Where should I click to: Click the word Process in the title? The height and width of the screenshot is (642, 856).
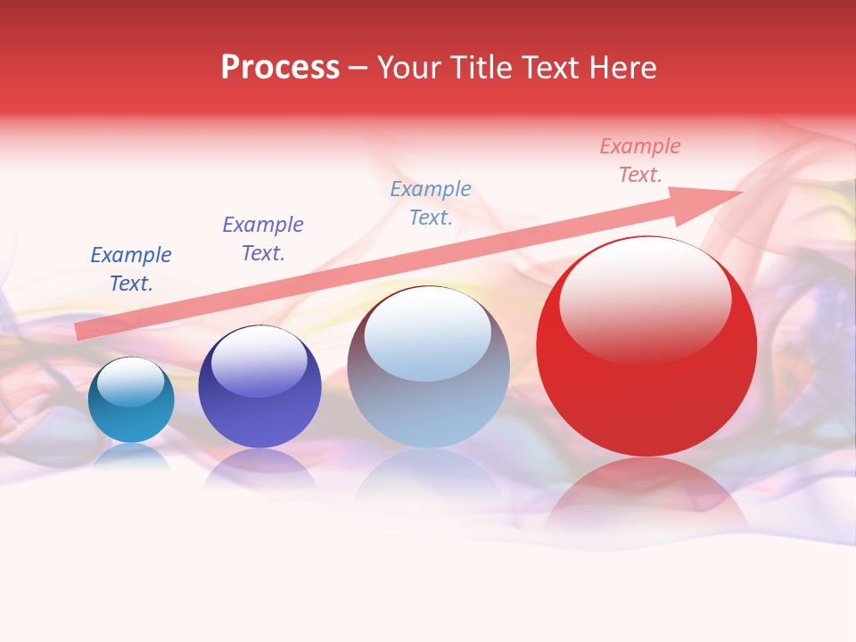coord(280,68)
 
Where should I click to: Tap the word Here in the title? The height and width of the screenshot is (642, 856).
coord(621,68)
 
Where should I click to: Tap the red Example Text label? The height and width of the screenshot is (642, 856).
coord(639,160)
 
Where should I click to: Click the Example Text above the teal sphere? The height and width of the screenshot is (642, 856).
coord(131,269)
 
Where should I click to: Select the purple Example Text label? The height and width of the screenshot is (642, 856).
coord(263,239)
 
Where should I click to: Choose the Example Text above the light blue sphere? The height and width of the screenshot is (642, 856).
coord(431,203)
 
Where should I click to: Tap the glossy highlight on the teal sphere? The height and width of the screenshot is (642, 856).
coord(131,382)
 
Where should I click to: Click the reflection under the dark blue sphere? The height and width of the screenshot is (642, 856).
coord(259,468)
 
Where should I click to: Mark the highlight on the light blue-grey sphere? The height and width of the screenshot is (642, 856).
coord(428,334)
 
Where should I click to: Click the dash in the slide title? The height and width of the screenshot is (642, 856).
coord(358,69)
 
